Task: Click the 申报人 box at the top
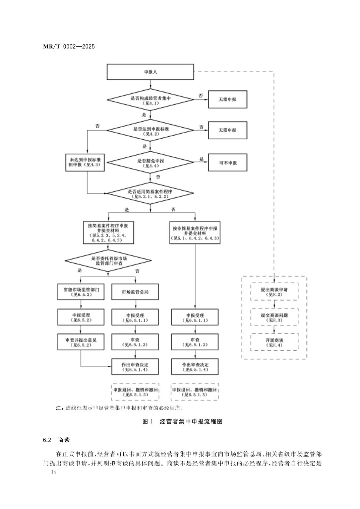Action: tap(150, 72)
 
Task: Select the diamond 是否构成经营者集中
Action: tap(150, 99)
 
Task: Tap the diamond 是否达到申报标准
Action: tap(150, 130)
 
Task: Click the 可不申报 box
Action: tap(228, 163)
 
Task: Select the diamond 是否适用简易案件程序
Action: tap(150, 193)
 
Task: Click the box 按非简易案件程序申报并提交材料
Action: tap(195, 233)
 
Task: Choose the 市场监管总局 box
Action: tap(135, 292)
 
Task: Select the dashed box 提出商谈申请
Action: tap(274, 292)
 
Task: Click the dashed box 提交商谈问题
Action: tap(274, 317)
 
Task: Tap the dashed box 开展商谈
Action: tap(274, 342)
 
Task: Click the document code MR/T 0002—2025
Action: tap(69, 47)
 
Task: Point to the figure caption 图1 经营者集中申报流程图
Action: tap(182, 422)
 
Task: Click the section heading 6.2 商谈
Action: tap(56, 440)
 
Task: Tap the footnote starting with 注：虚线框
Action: tap(121, 408)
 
